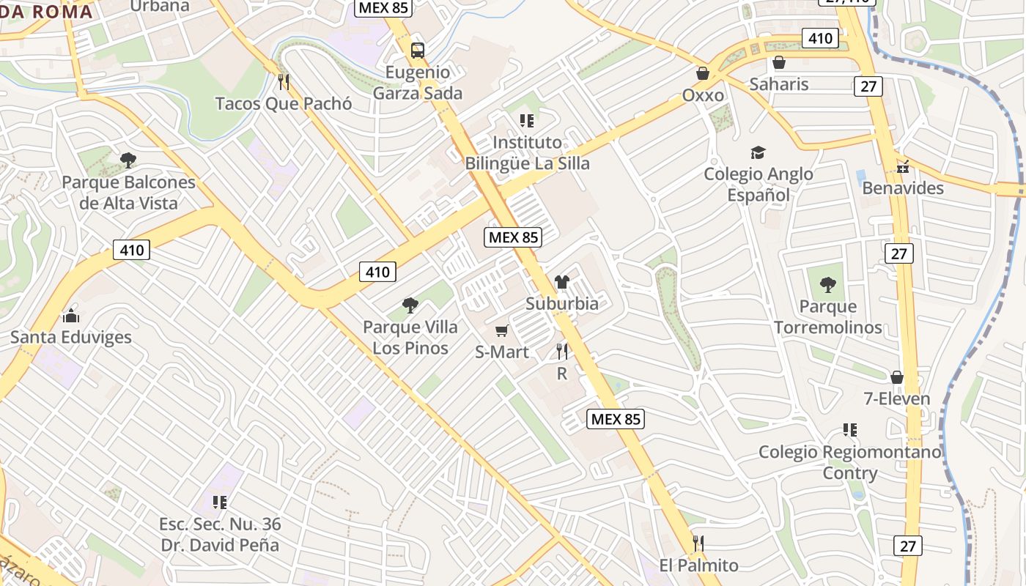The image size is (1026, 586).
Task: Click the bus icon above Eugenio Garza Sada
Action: coord(417,51)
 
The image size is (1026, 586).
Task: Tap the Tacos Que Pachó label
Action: coord(284,103)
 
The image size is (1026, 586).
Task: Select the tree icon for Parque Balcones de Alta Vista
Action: coord(128,160)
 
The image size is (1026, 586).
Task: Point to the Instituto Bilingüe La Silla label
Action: coord(527,152)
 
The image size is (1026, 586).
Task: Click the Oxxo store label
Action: coord(703,95)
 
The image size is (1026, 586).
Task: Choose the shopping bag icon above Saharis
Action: coord(779,62)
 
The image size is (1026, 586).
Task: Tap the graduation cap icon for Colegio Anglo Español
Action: coord(758,152)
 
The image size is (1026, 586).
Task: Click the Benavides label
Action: coord(903,188)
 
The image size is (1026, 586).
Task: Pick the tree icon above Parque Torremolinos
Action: coord(828,284)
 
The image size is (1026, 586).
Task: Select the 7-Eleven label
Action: coord(896,398)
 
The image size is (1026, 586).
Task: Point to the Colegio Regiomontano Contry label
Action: coord(850,462)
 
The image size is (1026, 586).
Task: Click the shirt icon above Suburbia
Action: coord(562,281)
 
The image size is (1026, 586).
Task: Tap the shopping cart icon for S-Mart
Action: coord(502,331)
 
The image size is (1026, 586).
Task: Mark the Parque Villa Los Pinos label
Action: coord(410,337)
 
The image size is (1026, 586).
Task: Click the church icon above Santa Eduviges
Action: coord(71,316)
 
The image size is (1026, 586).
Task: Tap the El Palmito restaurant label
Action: coord(698,565)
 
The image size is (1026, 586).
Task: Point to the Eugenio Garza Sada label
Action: coord(418,83)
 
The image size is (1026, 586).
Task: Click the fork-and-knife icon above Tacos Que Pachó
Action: coord(284,81)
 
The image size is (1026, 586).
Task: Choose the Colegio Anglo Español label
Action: coord(759,184)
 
